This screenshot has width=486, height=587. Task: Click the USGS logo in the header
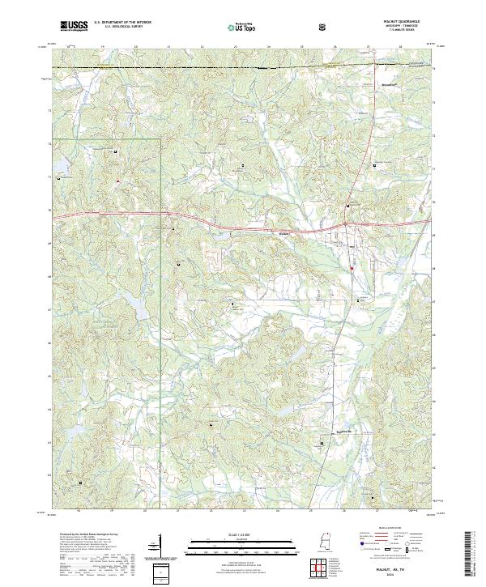coord(74,26)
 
